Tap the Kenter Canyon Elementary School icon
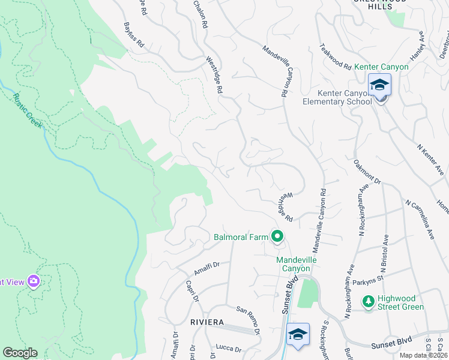(x=379, y=86)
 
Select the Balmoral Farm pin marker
(x=277, y=237)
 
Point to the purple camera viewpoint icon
(x=33, y=281)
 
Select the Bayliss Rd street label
(x=134, y=36)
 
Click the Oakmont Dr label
(x=367, y=171)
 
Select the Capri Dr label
(x=192, y=292)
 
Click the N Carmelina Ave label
(x=420, y=220)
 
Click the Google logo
(x=20, y=353)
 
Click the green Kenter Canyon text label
(x=381, y=67)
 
